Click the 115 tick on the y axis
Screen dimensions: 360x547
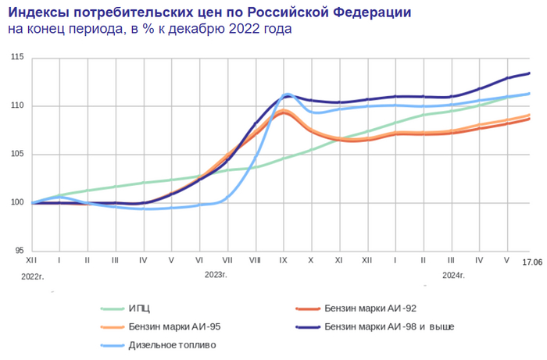click(17, 58)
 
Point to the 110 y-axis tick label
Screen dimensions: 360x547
click(17, 105)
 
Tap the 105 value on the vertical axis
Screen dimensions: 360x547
click(17, 154)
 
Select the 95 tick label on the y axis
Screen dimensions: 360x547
click(20, 251)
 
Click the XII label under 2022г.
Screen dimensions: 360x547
click(31, 258)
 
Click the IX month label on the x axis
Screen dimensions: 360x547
click(283, 258)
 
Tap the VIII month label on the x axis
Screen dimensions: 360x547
click(255, 258)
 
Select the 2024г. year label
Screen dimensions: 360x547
click(453, 275)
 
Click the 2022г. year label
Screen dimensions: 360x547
click(34, 275)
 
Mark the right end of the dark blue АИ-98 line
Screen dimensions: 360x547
click(531, 73)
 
